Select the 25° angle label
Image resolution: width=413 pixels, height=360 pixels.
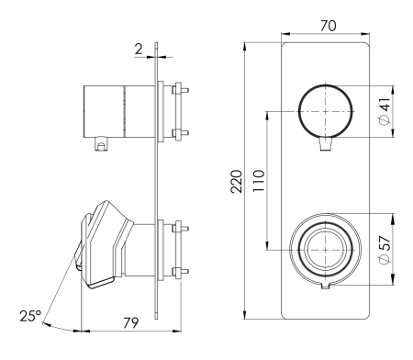(31, 317)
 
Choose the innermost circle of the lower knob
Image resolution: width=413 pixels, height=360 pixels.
(325, 248)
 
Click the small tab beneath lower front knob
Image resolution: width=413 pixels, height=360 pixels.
(326, 289)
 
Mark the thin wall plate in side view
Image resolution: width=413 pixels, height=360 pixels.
(159, 184)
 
